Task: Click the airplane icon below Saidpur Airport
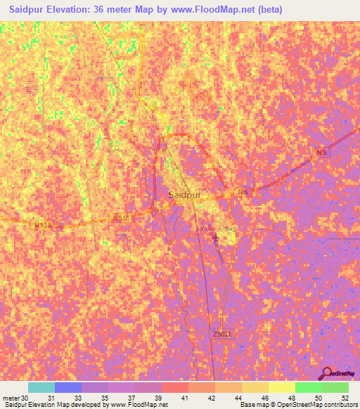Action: tap(215, 238)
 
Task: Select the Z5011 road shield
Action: tap(219, 334)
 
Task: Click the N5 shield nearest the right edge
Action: tap(321, 152)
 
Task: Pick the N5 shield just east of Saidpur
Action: tap(243, 191)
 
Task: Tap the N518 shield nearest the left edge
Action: tap(44, 226)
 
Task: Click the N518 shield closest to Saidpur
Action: tap(121, 219)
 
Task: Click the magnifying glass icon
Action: tap(326, 374)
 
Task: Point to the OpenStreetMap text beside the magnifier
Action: tap(342, 375)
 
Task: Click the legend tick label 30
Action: tap(26, 397)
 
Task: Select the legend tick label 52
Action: tap(345, 397)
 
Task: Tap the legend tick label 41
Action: tap(185, 397)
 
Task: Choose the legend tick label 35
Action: tap(105, 397)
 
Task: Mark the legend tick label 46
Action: tap(265, 397)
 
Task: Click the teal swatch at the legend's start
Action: tap(41, 387)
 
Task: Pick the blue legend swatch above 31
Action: tap(68, 387)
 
